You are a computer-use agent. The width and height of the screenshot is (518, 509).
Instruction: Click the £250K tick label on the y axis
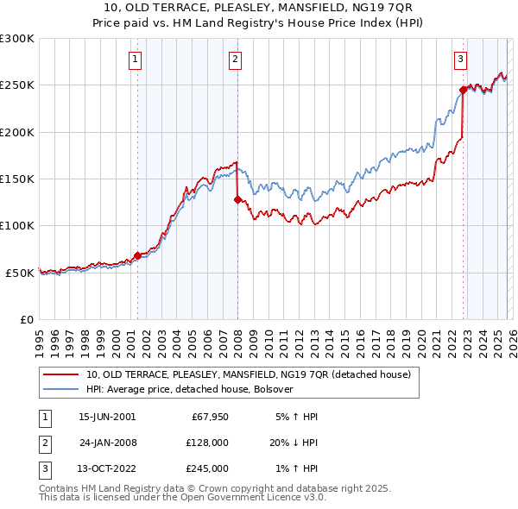pos(17,85)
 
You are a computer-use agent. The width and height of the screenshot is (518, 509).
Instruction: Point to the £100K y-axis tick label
pos(17,225)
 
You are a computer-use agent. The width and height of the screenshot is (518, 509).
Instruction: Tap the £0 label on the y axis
pos(27,319)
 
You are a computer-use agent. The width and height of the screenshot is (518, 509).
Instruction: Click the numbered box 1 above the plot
pos(136,60)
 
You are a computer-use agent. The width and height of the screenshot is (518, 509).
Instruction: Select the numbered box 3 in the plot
pos(461,60)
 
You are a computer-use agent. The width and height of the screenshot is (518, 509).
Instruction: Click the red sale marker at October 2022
pos(463,89)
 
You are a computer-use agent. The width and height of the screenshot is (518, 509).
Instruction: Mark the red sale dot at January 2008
pos(237,199)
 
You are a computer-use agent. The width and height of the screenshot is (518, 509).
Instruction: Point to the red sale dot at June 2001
pos(137,255)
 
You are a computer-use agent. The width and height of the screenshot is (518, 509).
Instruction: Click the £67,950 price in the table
pos(207,417)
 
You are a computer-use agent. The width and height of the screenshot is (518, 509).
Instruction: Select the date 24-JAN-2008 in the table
pos(107,443)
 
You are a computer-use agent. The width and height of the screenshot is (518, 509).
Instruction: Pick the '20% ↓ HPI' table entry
pos(292,443)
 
